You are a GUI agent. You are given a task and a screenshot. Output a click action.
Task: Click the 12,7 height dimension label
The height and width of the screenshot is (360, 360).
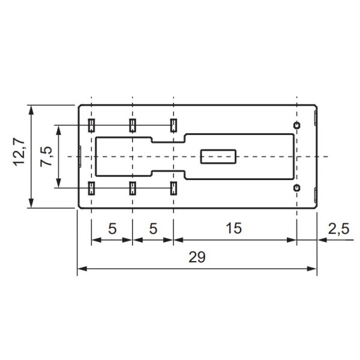[x=19, y=153]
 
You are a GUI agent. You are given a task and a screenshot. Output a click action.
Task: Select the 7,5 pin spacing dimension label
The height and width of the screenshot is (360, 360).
[x=46, y=157]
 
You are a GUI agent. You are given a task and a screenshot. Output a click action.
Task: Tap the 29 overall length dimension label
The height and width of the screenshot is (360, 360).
[x=197, y=257]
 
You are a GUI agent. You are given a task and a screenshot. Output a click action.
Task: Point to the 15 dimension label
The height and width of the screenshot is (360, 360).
[x=234, y=228]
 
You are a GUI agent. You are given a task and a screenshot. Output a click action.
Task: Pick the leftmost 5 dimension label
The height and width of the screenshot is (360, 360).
[x=112, y=228]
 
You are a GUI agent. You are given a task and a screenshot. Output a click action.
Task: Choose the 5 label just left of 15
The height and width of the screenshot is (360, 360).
[x=152, y=228]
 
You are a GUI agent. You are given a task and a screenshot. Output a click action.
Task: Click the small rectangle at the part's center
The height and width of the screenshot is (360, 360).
[x=218, y=157]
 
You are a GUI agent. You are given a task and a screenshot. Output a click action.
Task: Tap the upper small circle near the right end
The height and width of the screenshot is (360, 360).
[x=296, y=124]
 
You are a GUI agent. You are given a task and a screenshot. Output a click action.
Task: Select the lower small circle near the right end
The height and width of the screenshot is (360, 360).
[x=296, y=188]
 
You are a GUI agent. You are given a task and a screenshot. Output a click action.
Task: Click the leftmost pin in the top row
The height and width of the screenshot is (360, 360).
[x=91, y=125]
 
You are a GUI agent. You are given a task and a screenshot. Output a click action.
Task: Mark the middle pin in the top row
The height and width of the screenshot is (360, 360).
[x=132, y=125]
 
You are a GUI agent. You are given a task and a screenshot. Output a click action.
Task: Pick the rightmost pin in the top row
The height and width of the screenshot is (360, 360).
[x=173, y=125]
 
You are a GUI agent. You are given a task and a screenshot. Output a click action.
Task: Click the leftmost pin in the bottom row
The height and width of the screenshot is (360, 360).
[x=91, y=188]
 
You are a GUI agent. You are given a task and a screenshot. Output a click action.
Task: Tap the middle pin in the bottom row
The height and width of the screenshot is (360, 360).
[x=132, y=188]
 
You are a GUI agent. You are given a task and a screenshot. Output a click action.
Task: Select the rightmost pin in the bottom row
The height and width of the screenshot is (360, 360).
[x=173, y=188]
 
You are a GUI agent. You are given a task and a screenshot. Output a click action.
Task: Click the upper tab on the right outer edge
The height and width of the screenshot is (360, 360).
[x=317, y=118]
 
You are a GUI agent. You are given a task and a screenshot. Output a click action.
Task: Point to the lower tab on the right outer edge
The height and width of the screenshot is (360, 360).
[x=317, y=195]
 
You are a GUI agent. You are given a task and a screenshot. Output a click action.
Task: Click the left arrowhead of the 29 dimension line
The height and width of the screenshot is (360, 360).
[x=81, y=268]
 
